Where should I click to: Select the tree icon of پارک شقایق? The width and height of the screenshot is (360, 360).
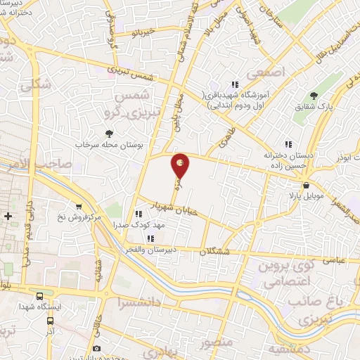pyautogui.click(x=314, y=96)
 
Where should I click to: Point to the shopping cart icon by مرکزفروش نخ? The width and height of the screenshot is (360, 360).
pyautogui.click(x=79, y=207)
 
